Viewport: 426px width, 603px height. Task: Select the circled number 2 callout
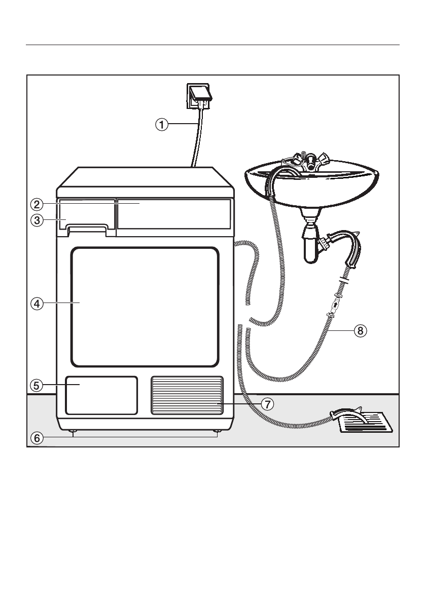point(35,205)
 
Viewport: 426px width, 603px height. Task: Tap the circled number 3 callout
point(35,220)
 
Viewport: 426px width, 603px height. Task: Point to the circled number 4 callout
point(35,304)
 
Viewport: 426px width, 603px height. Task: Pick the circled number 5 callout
point(35,385)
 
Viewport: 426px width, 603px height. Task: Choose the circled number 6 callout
point(35,438)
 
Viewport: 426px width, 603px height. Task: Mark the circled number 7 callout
point(268,403)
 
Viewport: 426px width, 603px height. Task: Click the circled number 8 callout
point(359,331)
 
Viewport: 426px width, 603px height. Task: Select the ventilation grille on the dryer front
point(187,395)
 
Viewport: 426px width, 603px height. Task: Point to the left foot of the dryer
point(74,431)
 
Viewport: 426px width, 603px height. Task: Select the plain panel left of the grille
point(101,395)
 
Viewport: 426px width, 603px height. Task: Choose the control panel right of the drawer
point(174,214)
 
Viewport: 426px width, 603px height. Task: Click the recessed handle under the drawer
point(87,231)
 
